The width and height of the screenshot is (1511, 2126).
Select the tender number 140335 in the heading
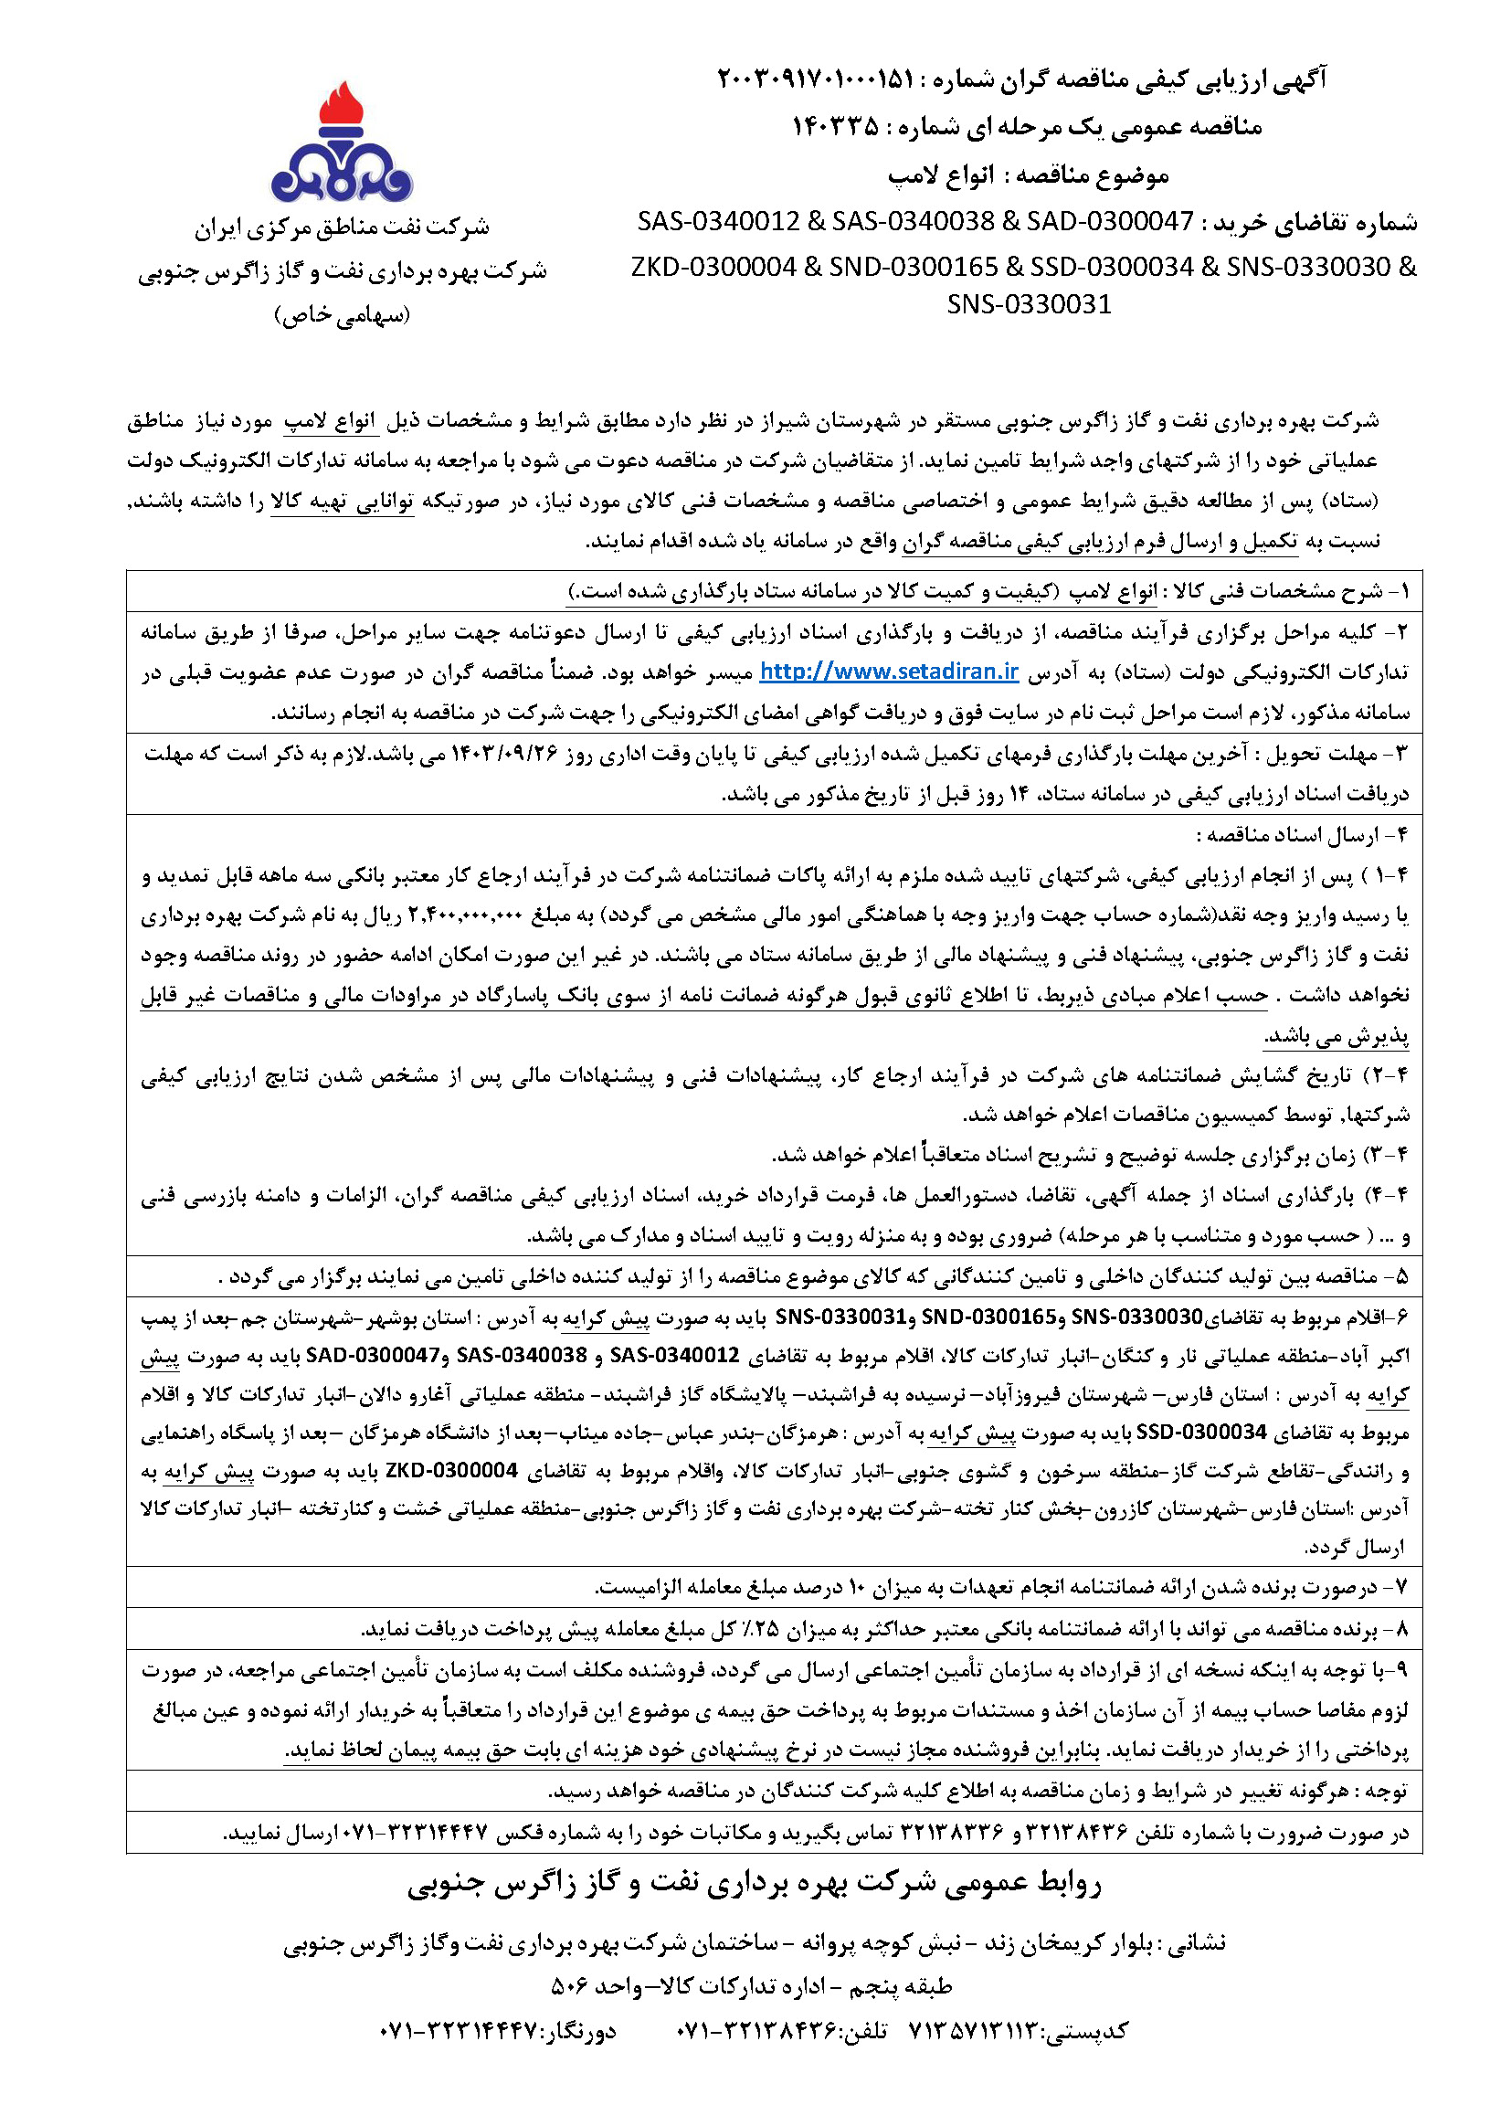(x=835, y=125)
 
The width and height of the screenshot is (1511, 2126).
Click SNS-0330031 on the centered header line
(x=1028, y=304)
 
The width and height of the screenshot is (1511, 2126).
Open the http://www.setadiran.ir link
(x=889, y=672)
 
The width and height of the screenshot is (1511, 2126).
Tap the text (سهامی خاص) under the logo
(x=342, y=315)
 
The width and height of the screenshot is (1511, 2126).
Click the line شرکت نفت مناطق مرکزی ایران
(x=342, y=227)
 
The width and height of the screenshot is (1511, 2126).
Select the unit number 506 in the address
(x=566, y=1986)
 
